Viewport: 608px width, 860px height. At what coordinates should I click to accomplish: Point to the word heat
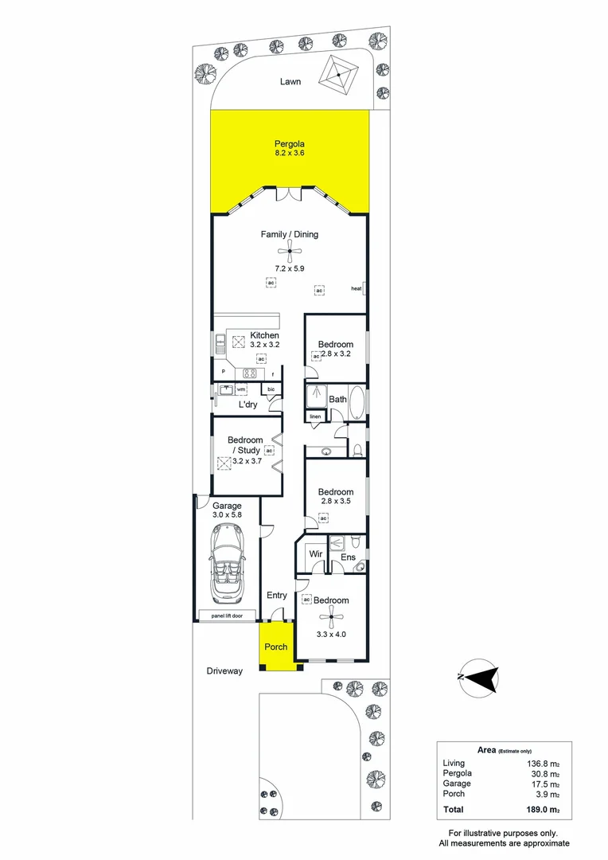(357, 288)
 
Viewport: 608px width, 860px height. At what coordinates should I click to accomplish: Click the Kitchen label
(264, 335)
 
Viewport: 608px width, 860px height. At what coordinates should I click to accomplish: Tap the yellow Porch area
(275, 647)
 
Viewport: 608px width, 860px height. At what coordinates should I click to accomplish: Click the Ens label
(348, 557)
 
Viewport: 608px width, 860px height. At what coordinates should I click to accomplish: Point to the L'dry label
(247, 405)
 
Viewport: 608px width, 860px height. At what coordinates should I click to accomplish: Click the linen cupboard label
(316, 416)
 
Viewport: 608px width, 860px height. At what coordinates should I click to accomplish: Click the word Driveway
(224, 671)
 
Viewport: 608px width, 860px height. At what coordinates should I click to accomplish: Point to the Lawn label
(290, 81)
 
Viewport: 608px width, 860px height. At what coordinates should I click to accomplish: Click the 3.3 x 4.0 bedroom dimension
(330, 634)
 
